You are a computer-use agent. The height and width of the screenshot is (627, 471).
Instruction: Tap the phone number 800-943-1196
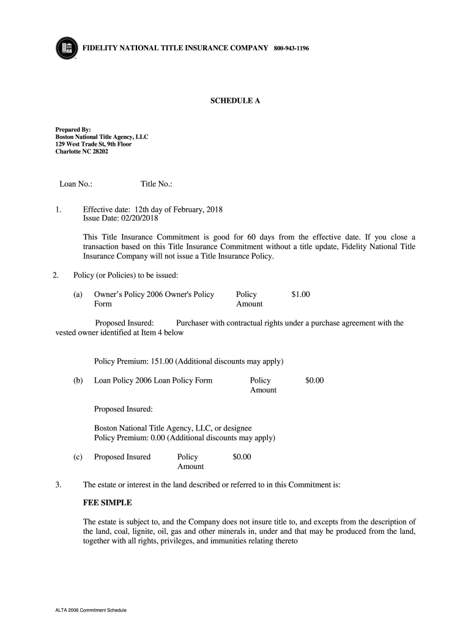coord(291,48)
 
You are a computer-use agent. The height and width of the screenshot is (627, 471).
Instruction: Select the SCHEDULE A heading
coord(236,101)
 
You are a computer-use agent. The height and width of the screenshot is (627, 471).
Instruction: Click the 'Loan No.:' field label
coord(76,184)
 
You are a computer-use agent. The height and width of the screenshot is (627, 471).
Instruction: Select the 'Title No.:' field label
coord(157,184)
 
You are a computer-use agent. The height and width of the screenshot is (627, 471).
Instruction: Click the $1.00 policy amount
coord(301,295)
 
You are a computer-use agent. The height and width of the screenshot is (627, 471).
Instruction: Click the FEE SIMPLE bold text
coord(108,503)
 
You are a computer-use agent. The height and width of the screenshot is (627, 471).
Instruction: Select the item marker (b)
coord(78,380)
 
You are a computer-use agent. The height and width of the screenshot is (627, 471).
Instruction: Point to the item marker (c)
coord(78,457)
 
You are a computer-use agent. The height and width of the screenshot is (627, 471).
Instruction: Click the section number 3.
coord(57,485)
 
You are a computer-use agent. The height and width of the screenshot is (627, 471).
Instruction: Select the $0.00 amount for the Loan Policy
coord(314,380)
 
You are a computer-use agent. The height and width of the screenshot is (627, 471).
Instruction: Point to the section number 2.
coord(55,275)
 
